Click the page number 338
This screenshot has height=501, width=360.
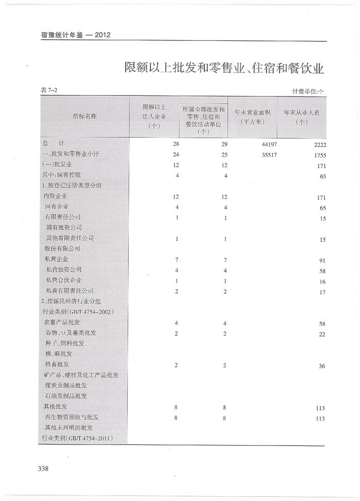[x=43, y=469]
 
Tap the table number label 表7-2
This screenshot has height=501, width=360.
[x=49, y=90]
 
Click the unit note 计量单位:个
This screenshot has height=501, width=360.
[x=308, y=91]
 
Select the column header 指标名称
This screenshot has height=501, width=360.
[x=85, y=116]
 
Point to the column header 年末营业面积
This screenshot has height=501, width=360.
[x=253, y=117]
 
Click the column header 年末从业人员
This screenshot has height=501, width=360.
[x=302, y=117]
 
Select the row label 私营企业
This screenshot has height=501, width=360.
[x=56, y=259]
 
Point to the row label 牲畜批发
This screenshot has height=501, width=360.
[x=57, y=364]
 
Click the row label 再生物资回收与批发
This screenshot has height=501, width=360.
[x=72, y=417]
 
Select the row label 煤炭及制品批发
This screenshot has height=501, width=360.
[x=66, y=386]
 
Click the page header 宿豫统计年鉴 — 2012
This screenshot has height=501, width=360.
[x=76, y=35]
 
